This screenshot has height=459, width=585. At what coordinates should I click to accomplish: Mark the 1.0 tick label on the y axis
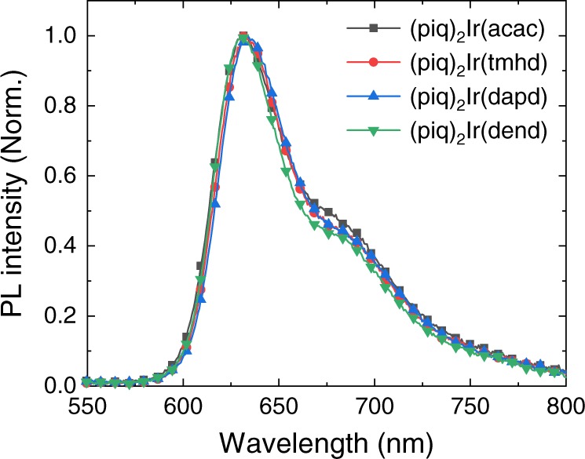(x=55, y=36)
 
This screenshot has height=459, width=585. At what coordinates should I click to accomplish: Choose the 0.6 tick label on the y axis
(x=55, y=177)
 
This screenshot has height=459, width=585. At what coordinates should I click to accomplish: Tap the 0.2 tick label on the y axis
(x=55, y=316)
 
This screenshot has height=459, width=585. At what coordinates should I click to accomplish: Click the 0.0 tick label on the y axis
(x=55, y=386)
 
